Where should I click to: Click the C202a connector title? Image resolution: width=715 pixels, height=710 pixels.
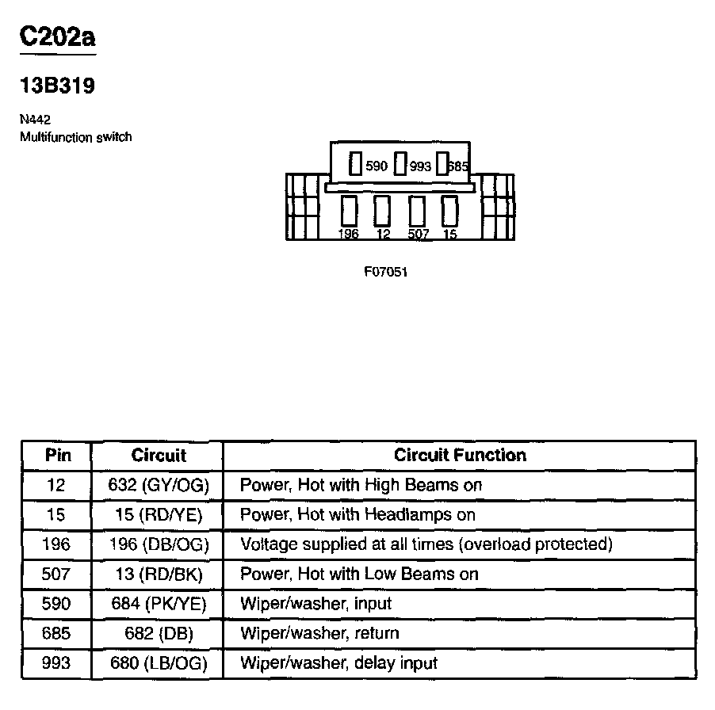tap(58, 38)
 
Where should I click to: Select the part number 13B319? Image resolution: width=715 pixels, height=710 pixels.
tap(58, 86)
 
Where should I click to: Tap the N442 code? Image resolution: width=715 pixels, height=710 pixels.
tap(35, 120)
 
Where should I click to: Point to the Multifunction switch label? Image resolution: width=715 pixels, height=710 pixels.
tap(75, 137)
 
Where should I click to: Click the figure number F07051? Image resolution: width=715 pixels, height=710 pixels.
tap(386, 272)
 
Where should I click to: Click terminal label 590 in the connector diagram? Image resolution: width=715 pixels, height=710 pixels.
tap(377, 166)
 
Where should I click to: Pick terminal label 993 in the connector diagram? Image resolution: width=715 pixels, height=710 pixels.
tap(420, 166)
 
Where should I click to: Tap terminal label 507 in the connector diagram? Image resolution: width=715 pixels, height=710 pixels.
tap(418, 234)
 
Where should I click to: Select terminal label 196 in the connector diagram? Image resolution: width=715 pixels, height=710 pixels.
tap(348, 234)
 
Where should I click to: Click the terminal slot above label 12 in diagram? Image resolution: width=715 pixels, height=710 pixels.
tap(383, 211)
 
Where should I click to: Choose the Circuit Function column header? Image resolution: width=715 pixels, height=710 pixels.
tap(460, 455)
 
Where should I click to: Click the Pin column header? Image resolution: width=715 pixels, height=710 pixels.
tap(58, 455)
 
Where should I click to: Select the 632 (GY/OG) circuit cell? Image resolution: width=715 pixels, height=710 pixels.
tap(158, 485)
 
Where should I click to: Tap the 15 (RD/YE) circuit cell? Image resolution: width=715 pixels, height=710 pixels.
tap(158, 515)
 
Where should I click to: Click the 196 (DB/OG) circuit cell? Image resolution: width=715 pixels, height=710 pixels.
tap(158, 544)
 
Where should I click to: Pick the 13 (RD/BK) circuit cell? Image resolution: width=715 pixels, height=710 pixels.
tap(158, 574)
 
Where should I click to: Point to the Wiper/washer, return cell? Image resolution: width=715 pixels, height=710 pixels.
tap(319, 634)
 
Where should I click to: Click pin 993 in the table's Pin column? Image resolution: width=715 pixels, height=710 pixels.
tap(57, 663)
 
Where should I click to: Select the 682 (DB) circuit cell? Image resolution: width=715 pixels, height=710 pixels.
tap(158, 634)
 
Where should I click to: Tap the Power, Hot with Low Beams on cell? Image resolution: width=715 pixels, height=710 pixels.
tap(359, 574)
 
